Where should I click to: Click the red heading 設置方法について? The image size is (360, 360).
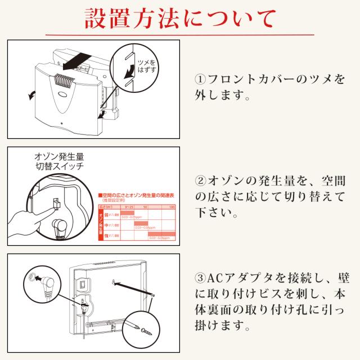point(180,18)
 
